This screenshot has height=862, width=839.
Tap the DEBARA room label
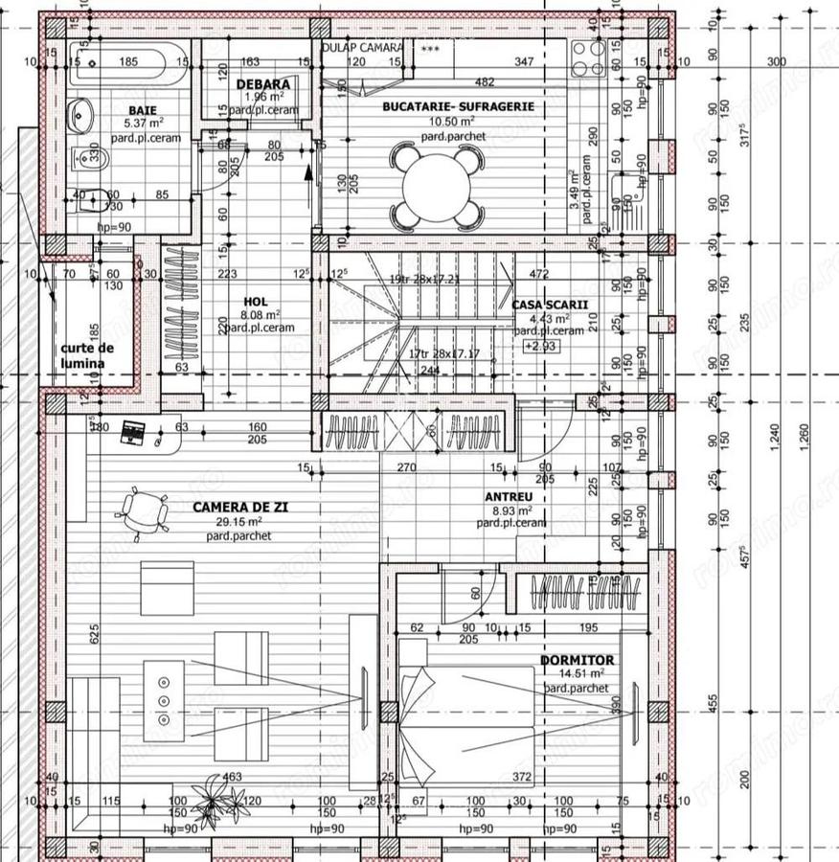pyautogui.click(x=262, y=84)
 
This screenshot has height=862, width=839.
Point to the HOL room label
pyautogui.click(x=255, y=300)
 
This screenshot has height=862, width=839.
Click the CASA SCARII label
pyautogui.click(x=549, y=305)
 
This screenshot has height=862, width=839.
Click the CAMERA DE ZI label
pyautogui.click(x=239, y=508)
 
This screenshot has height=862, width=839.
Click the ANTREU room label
pyautogui.click(x=508, y=497)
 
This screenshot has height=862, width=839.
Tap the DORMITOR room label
pyautogui.click(x=577, y=661)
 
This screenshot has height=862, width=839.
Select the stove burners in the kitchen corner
pyautogui.click(x=587, y=56)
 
